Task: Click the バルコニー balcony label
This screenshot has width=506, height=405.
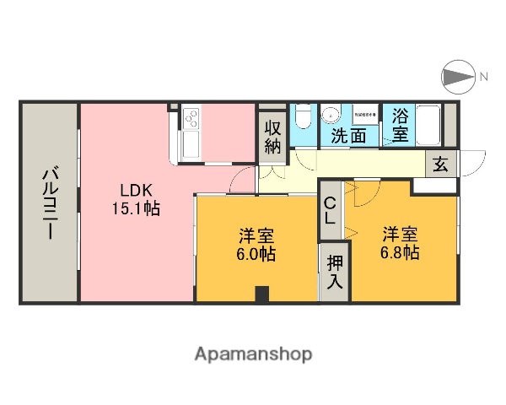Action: [50, 202]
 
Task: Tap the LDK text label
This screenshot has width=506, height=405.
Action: [135, 189]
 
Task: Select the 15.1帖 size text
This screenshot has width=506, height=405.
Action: [135, 208]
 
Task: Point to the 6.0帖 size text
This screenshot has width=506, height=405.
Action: [256, 252]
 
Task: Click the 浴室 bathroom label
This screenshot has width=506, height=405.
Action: [400, 125]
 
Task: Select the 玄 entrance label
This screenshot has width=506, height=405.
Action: [441, 165]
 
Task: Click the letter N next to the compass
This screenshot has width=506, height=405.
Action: [484, 78]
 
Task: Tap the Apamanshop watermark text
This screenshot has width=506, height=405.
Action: [253, 354]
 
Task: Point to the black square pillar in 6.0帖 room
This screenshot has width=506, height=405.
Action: [261, 294]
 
